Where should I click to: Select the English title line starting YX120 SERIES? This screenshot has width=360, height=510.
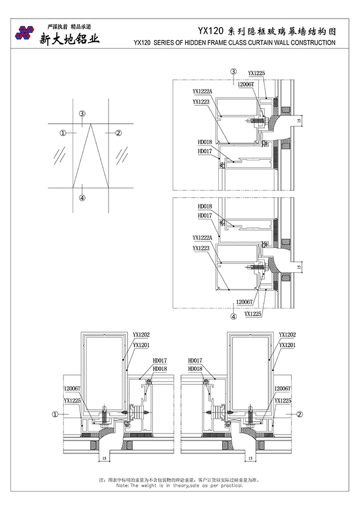[235, 42]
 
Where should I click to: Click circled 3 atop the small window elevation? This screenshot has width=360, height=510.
[82, 114]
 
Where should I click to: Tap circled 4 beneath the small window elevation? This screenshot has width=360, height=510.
[82, 198]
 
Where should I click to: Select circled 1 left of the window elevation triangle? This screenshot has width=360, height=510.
[63, 133]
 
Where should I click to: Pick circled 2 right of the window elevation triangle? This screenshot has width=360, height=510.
[118, 133]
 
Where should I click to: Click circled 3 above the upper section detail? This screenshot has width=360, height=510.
[233, 71]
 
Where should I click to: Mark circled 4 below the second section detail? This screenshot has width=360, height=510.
[233, 316]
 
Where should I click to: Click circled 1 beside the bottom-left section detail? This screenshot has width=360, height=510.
[55, 414]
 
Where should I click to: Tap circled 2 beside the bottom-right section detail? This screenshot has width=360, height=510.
[300, 414]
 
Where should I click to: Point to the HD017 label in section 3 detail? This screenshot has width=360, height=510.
[205, 151]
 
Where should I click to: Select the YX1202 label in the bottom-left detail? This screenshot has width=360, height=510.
[141, 334]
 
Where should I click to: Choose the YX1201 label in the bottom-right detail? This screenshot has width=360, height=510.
[287, 344]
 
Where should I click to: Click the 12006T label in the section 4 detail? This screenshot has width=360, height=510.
[245, 302]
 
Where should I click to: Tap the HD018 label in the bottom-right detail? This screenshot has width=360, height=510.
[195, 369]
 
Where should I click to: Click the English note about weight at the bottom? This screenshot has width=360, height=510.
[179, 485]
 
